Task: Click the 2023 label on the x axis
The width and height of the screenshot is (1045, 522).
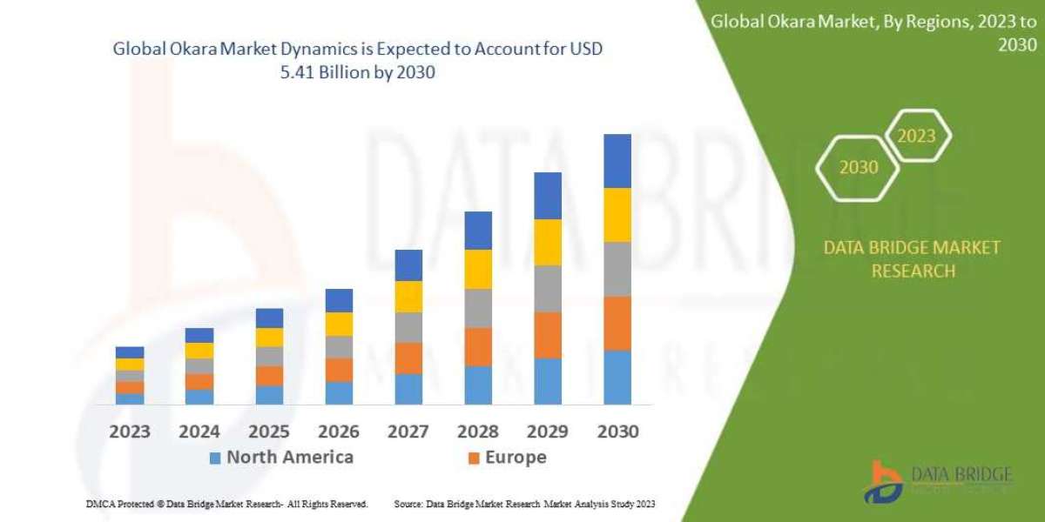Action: pos(129,431)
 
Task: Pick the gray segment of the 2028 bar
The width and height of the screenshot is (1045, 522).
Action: pos(477,308)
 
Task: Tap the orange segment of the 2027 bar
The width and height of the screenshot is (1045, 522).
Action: pos(408,358)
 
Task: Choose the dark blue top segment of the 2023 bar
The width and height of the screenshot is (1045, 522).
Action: pos(129,352)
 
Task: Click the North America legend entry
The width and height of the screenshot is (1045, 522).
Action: pos(280,457)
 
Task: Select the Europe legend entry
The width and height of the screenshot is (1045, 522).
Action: pos(507,457)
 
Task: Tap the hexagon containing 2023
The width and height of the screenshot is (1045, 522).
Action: pos(916,136)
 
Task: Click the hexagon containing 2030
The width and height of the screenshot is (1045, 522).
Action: pos(858,167)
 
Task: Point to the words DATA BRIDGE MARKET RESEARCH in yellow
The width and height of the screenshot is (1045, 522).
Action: pos(912,259)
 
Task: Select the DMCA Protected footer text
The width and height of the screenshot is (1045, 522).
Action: pos(226,504)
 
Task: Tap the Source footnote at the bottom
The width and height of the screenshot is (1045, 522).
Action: pos(524,504)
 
